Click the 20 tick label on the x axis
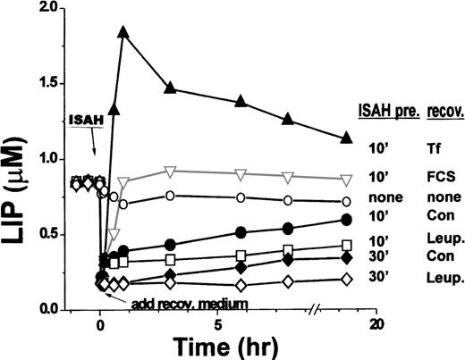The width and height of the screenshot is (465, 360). (x=376, y=323)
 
